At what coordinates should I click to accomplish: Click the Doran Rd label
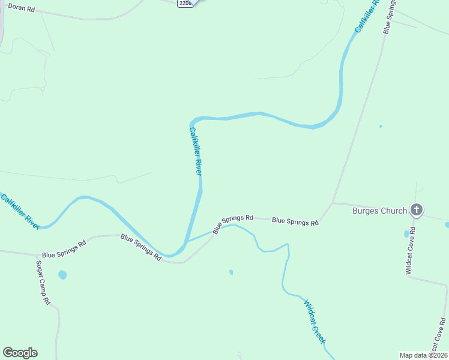coord(22,10)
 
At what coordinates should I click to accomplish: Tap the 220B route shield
coord(185,3)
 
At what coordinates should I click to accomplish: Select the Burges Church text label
coord(379,211)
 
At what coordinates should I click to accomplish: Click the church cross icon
coord(417,210)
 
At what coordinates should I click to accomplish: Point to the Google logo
coord(20,353)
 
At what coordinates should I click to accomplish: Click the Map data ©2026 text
coord(423,355)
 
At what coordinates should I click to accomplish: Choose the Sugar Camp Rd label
coord(43,283)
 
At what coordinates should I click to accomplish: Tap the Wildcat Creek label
coord(315,321)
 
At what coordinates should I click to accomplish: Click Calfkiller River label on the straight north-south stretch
coord(196,151)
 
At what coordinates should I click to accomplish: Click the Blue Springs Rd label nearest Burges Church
coord(295,221)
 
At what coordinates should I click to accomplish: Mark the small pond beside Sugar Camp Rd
coord(62,275)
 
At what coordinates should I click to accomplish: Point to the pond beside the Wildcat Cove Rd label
coord(407,233)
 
